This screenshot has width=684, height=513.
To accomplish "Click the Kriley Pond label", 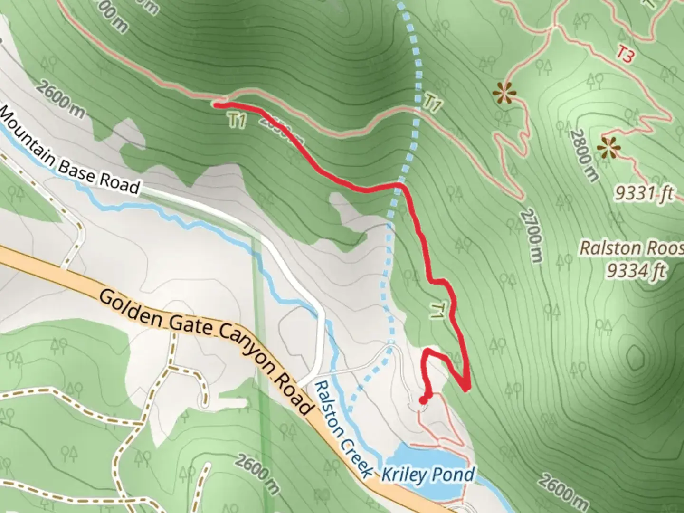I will point(428,475).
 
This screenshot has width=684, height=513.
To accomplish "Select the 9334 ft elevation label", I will point(636,271).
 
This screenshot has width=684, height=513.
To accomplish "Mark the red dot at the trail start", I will point(423,400).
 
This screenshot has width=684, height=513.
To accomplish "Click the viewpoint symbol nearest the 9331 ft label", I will point(609,148).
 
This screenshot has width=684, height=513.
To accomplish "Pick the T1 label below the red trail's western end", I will point(237,121).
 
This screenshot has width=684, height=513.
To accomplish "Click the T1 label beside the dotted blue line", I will point(432,103).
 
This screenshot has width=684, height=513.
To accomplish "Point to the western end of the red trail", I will point(216,105).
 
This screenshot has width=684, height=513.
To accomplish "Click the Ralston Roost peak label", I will point(632,248).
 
